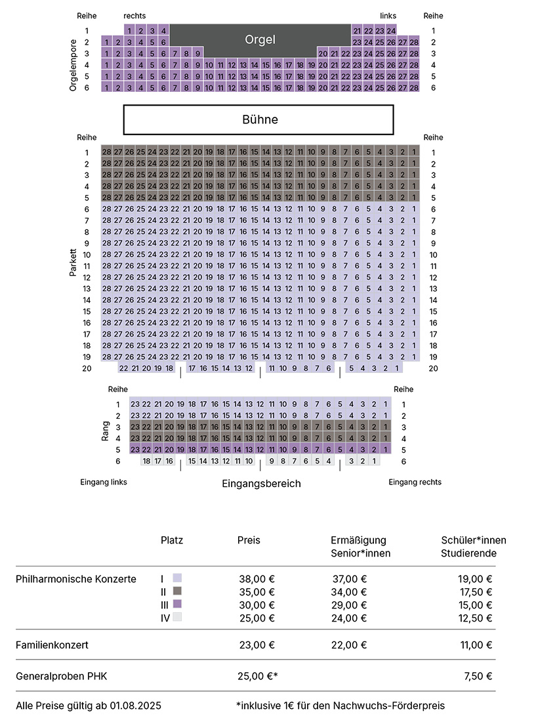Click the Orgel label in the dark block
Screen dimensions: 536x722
point(260,39)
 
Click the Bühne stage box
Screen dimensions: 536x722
point(258,119)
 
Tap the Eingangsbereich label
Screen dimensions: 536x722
point(261,484)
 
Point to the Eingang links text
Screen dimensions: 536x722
point(104,482)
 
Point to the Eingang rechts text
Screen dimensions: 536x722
point(415,482)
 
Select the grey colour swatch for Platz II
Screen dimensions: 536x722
point(177,591)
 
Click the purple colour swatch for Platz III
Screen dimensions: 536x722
point(177,604)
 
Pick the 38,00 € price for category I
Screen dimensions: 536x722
point(257,580)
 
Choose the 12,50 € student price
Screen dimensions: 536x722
point(475,618)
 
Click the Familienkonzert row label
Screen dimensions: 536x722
point(52,645)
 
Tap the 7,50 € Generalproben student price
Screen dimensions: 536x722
point(478,677)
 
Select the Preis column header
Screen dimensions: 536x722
point(249,540)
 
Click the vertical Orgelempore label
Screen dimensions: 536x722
point(73,66)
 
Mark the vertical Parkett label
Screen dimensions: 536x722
point(73,263)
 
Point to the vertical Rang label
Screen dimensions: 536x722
point(106,431)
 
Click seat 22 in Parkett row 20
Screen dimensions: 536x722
point(124,368)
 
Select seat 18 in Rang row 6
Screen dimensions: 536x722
point(146,461)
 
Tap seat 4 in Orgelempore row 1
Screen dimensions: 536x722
point(163,31)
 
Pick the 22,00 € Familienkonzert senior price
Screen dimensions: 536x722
point(349,645)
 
